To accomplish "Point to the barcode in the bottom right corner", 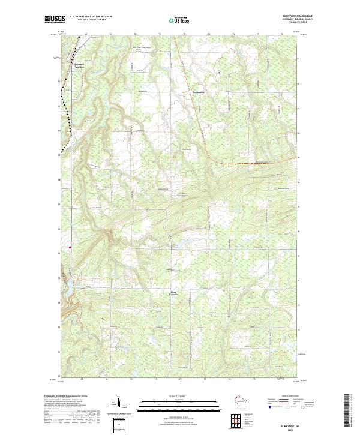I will [346, 411].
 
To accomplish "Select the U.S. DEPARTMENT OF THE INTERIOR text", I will [91, 17].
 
